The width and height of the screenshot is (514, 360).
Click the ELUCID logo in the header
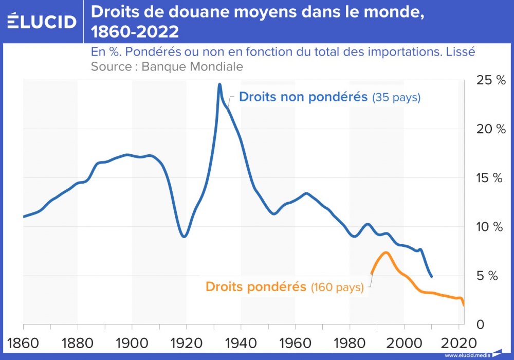42,22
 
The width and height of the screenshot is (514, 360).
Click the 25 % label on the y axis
491,80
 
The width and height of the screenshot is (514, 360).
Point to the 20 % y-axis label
491,129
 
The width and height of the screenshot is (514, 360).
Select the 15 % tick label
491,178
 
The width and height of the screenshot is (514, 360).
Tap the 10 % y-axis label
491,227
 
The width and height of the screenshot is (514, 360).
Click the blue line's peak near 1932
219,84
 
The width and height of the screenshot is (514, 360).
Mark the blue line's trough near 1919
185,236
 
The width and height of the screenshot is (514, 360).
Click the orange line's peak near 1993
385,253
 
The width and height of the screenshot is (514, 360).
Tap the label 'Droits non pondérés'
304,97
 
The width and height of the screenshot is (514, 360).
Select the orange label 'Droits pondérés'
255,287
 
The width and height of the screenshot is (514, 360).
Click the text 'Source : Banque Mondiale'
167,66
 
